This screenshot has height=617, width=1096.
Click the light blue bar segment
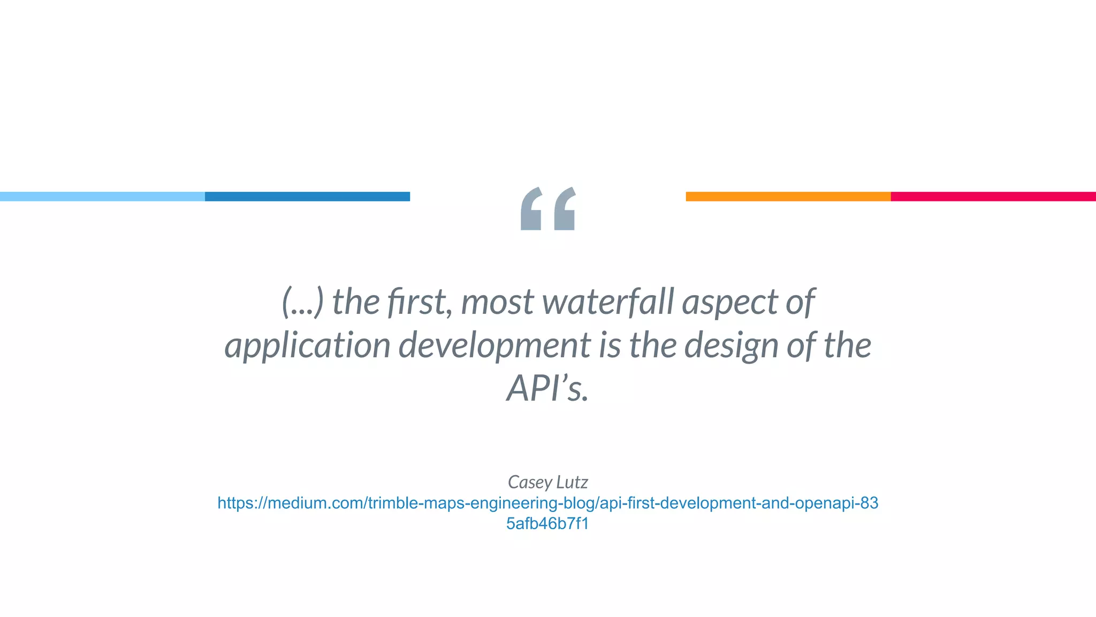102,197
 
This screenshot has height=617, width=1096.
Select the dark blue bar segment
307,197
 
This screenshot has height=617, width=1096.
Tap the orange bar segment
788,197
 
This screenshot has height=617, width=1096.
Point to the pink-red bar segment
993,197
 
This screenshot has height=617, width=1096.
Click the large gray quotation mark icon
548,209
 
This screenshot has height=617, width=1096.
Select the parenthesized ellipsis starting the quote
303,302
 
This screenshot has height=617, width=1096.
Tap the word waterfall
608,302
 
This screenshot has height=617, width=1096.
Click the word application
307,346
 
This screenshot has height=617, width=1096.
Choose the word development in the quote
495,346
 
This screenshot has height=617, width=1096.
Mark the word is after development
610,345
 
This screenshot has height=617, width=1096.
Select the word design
731,346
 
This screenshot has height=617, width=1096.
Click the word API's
547,388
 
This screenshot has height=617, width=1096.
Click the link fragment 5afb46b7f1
547,523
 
